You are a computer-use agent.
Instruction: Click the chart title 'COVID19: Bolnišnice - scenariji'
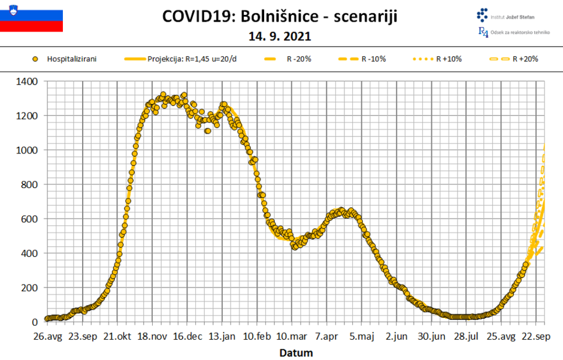pyautogui.click(x=280, y=16)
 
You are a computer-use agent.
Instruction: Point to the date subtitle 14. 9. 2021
pyautogui.click(x=280, y=37)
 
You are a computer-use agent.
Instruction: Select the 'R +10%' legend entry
pyautogui.click(x=438, y=59)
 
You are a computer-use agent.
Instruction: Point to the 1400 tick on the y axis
pyautogui.click(x=29, y=81)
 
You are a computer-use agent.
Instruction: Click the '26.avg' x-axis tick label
pyautogui.click(x=47, y=336)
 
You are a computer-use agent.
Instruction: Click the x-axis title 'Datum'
pyautogui.click(x=296, y=353)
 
